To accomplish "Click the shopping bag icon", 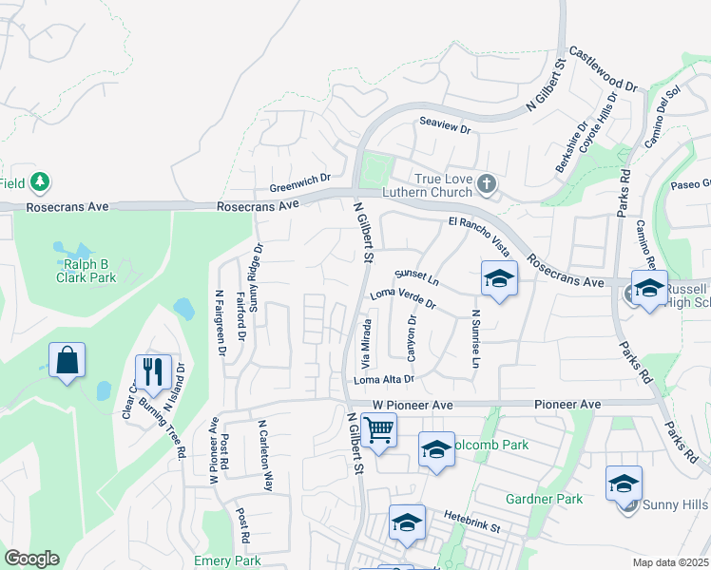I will tap(67, 360).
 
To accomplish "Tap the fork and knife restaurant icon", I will tap(153, 371).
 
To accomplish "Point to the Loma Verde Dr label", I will tap(402, 298).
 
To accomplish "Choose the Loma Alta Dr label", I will tap(384, 380).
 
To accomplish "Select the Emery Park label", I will tap(227, 560).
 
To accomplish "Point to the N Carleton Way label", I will tap(267, 458).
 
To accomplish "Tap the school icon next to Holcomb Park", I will tap(436, 449).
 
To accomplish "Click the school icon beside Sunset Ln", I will tap(498, 279).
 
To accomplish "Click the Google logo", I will tap(31, 559).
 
